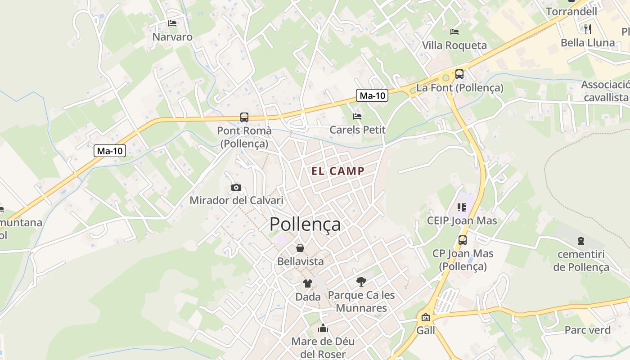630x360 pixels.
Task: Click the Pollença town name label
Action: pos(305,224)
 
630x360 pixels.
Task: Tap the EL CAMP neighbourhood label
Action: pos(338,171)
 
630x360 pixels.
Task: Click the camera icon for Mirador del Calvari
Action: pos(236,187)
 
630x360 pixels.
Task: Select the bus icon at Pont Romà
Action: pos(244,117)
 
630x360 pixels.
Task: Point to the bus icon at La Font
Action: pos(459,74)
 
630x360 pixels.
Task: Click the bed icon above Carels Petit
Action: pos(357,117)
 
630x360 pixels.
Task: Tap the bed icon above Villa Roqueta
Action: pos(454,31)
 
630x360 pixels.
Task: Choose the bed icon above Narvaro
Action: pos(172,23)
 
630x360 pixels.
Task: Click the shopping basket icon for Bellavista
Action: pos(300,248)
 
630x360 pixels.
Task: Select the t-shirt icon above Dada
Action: pos(308,283)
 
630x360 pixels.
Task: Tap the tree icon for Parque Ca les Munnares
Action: pos(361,282)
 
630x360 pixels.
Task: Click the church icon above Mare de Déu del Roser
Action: pos(323,328)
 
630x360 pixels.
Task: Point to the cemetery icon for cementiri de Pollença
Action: pos(581,241)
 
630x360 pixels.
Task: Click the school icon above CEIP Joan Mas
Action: pos(462,207)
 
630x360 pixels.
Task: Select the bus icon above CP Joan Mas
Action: pos(463,240)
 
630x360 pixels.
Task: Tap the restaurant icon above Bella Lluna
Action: pos(588,29)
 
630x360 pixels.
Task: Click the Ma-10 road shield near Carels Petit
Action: pos(373,95)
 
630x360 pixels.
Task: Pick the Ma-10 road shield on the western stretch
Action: pos(110,151)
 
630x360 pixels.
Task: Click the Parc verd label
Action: pos(587,330)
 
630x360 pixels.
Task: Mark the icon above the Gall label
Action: pos(425,317)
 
